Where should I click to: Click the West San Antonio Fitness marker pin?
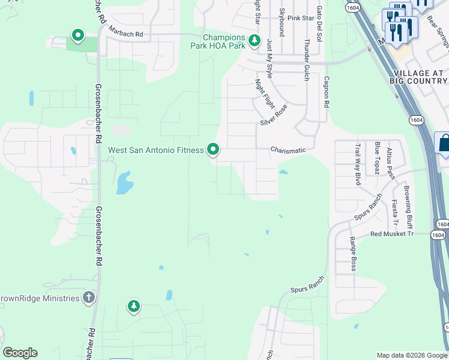[212, 149]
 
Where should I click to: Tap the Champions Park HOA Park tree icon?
[255, 41]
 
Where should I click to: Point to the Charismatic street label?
[288, 150]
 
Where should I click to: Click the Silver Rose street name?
[274, 115]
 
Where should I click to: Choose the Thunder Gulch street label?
[307, 60]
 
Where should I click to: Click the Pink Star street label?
[301, 18]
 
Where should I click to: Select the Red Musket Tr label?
[392, 234]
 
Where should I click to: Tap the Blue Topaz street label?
[377, 158]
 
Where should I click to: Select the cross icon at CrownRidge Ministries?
[89, 298]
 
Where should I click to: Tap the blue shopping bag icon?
[444, 143]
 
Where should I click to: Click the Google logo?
[20, 353]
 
